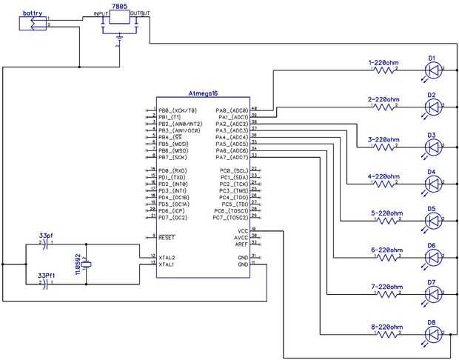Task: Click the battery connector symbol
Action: click(x=33, y=24)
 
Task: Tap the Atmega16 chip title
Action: click(x=203, y=93)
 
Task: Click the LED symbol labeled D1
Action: click(x=433, y=71)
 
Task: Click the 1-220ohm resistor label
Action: click(x=384, y=61)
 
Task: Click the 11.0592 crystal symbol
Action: click(x=87, y=265)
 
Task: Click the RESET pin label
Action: click(x=167, y=238)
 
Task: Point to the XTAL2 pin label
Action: click(x=167, y=257)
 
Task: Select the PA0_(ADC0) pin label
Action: click(x=231, y=110)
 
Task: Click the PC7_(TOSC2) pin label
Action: click(x=230, y=218)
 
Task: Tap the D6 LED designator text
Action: click(x=431, y=245)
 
